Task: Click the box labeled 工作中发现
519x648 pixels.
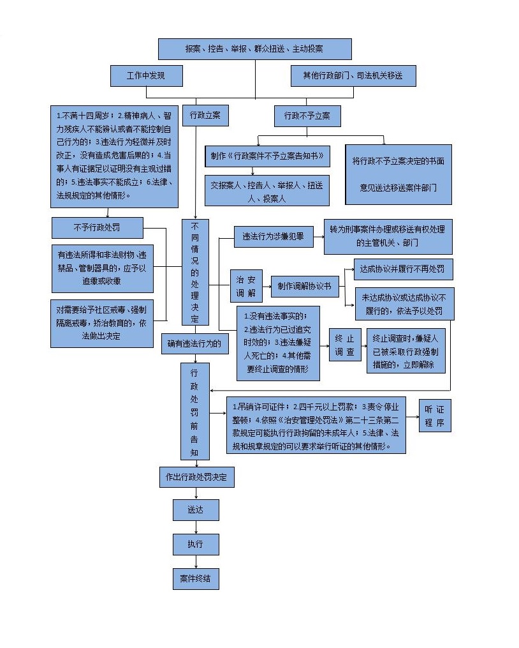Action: (146, 76)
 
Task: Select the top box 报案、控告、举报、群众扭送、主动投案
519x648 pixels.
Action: (254, 49)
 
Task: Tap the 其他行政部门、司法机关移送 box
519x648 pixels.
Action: (353, 76)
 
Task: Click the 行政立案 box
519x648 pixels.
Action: (205, 116)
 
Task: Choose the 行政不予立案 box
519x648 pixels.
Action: (307, 116)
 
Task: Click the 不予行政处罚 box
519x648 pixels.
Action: (96, 227)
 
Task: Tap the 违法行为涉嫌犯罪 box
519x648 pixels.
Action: (273, 236)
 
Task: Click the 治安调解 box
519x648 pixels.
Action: (245, 285)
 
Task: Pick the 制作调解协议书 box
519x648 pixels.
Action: (304, 286)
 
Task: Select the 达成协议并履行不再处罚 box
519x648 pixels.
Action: (403, 269)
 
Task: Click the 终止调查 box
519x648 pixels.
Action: (345, 344)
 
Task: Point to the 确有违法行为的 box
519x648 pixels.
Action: (194, 343)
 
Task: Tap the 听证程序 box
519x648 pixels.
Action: (435, 416)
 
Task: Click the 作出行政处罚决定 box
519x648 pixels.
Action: (196, 477)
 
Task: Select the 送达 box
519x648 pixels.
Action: (196, 509)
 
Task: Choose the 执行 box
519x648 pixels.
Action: (196, 544)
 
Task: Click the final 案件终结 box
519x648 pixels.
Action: (196, 578)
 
